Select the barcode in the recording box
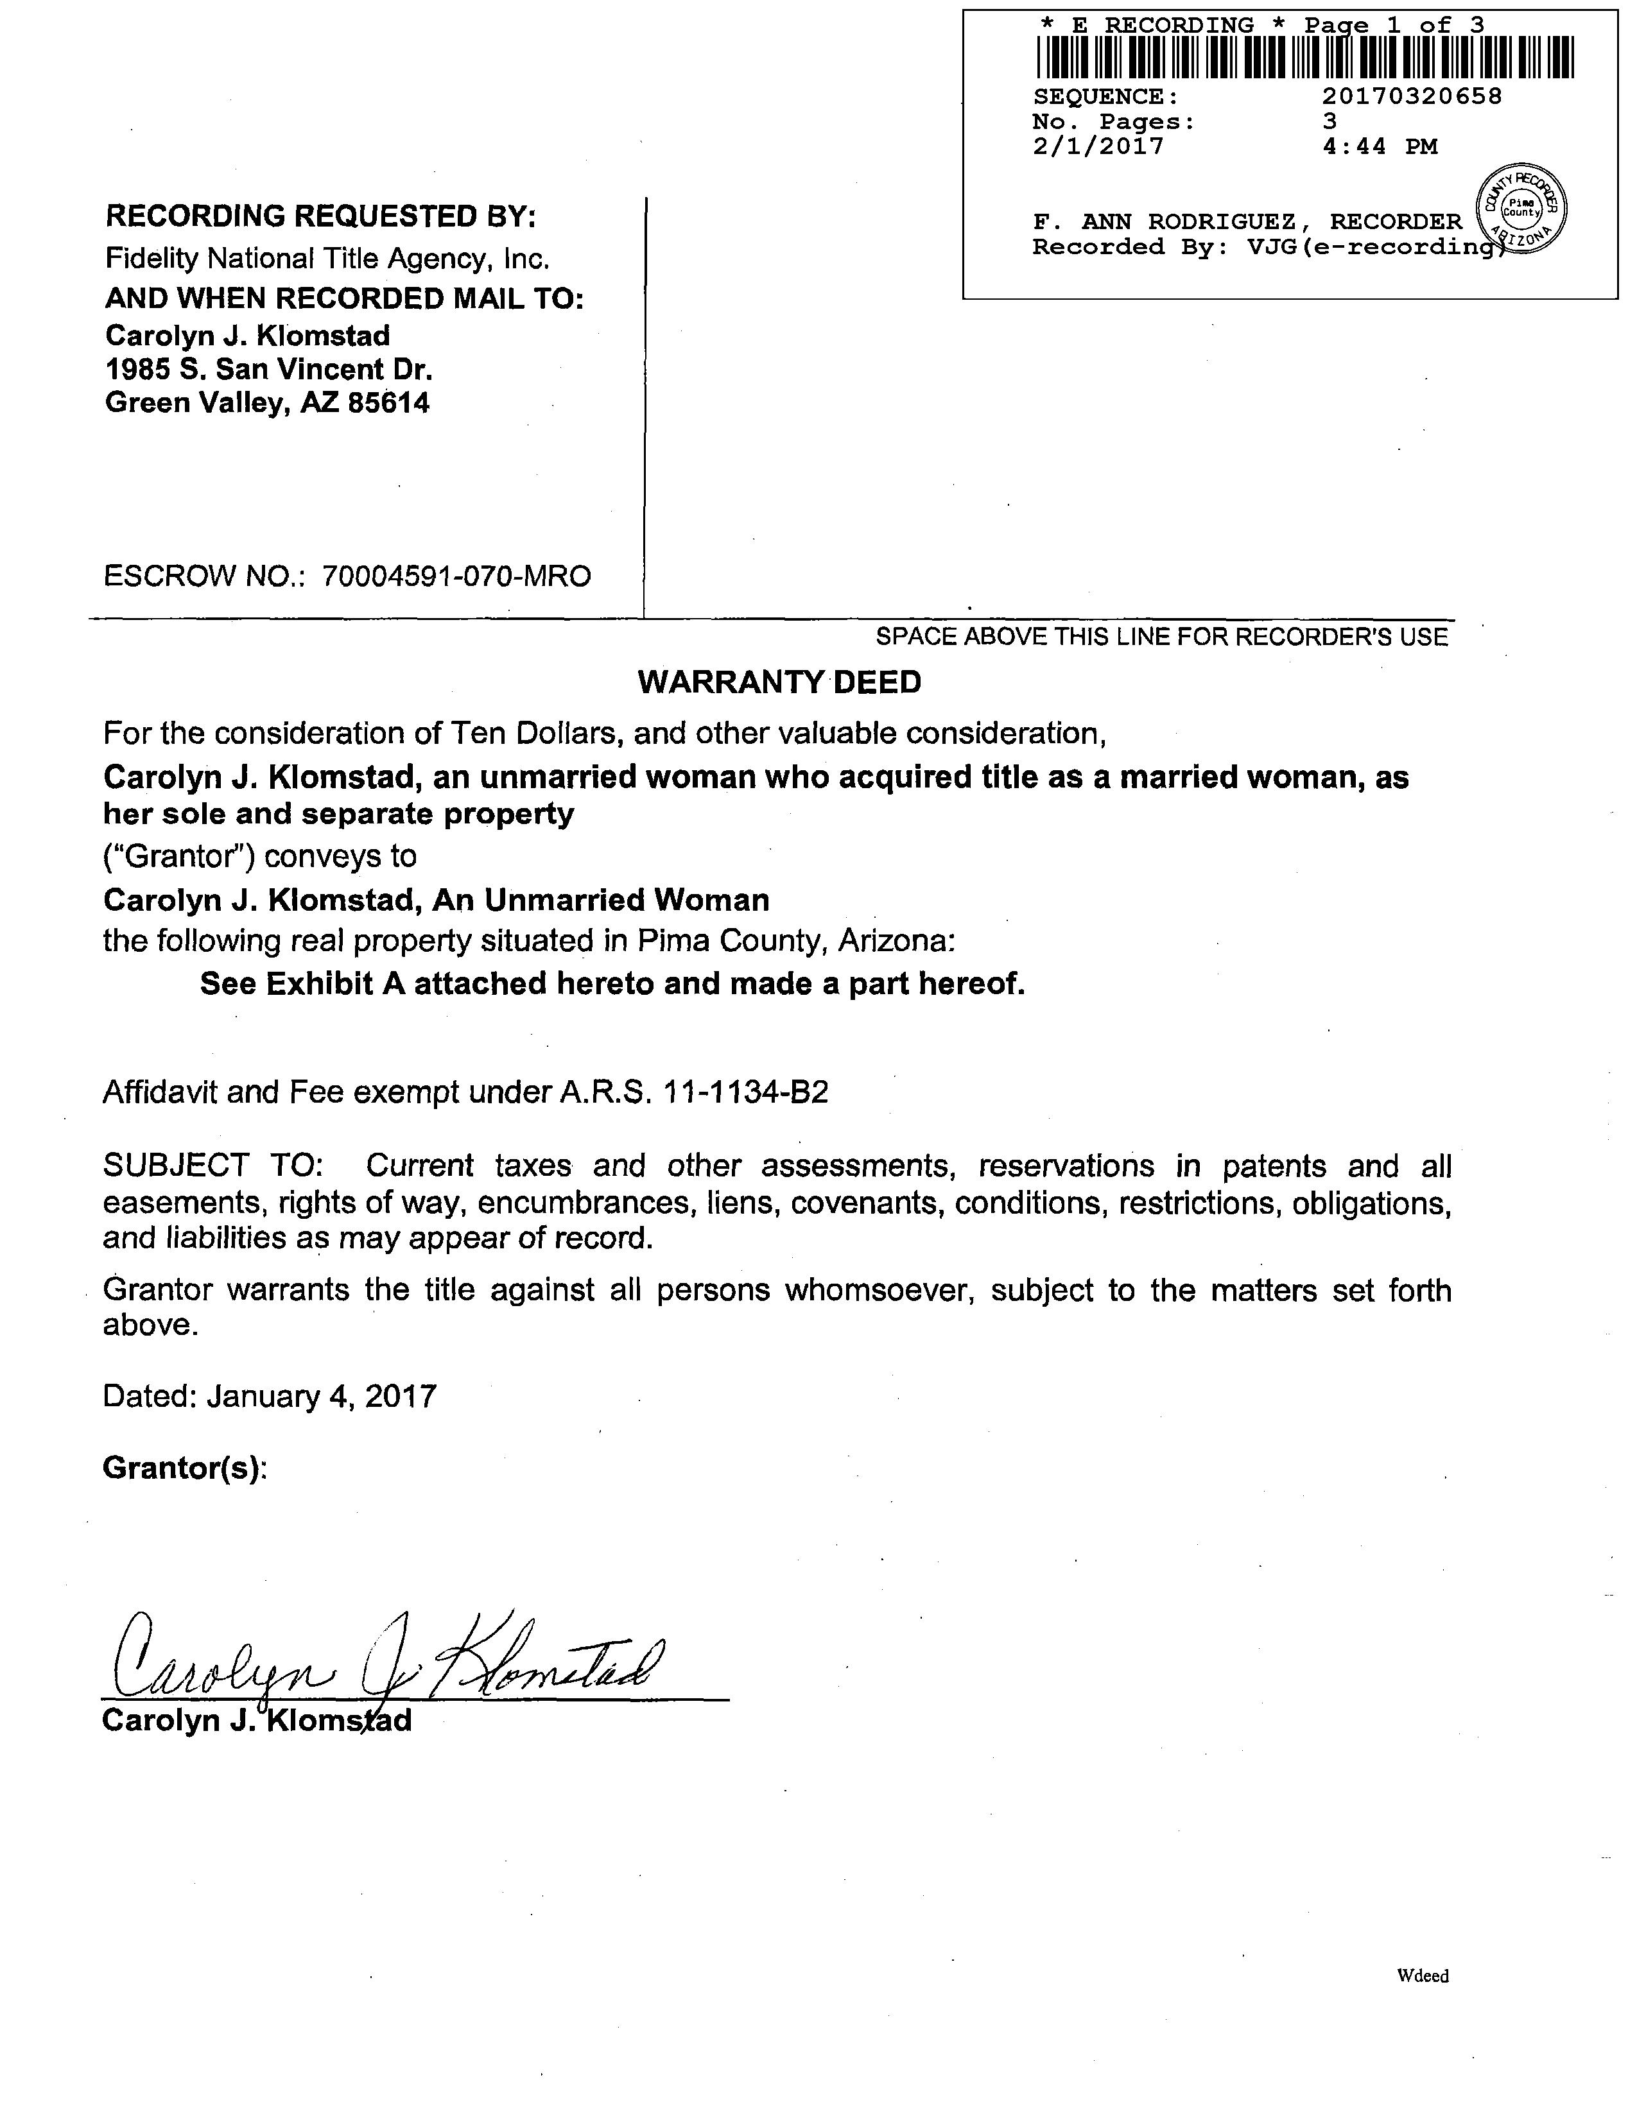[x=1304, y=57]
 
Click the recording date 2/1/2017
[x=1099, y=146]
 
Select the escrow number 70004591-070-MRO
[x=456, y=576]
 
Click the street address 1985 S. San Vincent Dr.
[x=268, y=370]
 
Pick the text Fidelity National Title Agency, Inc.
[x=327, y=258]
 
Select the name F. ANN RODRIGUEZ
[x=1164, y=222]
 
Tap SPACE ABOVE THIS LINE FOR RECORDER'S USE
[x=1161, y=637]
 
